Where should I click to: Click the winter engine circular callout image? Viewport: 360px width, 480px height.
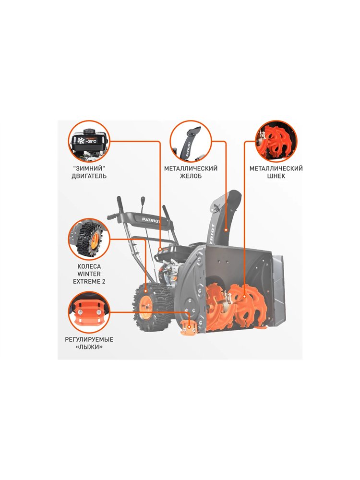point(89,141)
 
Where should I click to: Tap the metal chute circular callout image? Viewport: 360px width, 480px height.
point(191,141)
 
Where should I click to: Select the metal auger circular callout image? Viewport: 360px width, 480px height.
point(276,141)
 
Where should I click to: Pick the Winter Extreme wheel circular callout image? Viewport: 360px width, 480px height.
point(89,239)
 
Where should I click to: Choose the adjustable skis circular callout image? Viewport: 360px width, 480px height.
point(89,312)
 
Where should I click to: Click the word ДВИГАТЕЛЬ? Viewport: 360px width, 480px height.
point(89,176)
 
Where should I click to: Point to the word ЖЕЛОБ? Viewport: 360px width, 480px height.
point(191,176)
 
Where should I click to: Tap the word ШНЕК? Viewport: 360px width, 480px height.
point(276,176)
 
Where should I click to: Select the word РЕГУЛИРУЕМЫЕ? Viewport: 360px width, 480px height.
point(89,339)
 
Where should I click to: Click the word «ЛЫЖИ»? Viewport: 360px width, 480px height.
point(89,347)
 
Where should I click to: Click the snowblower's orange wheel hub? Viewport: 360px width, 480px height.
point(146,304)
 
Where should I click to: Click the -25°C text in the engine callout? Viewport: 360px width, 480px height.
point(91,142)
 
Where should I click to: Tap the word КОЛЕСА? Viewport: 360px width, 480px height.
point(89,266)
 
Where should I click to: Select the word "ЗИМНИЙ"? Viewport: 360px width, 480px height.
point(89,168)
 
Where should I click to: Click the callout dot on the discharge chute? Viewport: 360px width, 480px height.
point(226,229)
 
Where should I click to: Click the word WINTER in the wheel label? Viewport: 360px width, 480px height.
point(89,274)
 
